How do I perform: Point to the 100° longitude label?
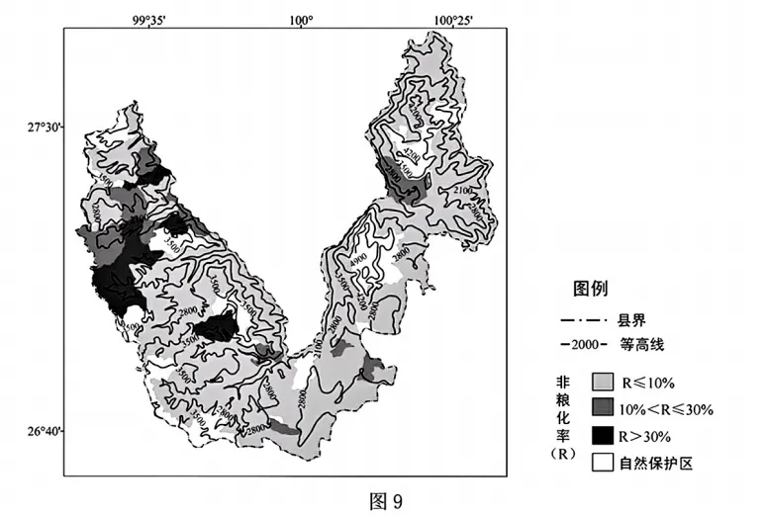[301, 19]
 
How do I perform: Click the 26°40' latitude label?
[44, 431]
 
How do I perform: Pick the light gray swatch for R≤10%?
[602, 382]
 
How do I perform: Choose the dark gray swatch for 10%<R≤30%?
[602, 408]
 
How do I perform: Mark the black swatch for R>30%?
[602, 435]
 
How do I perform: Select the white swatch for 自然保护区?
[602, 462]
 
